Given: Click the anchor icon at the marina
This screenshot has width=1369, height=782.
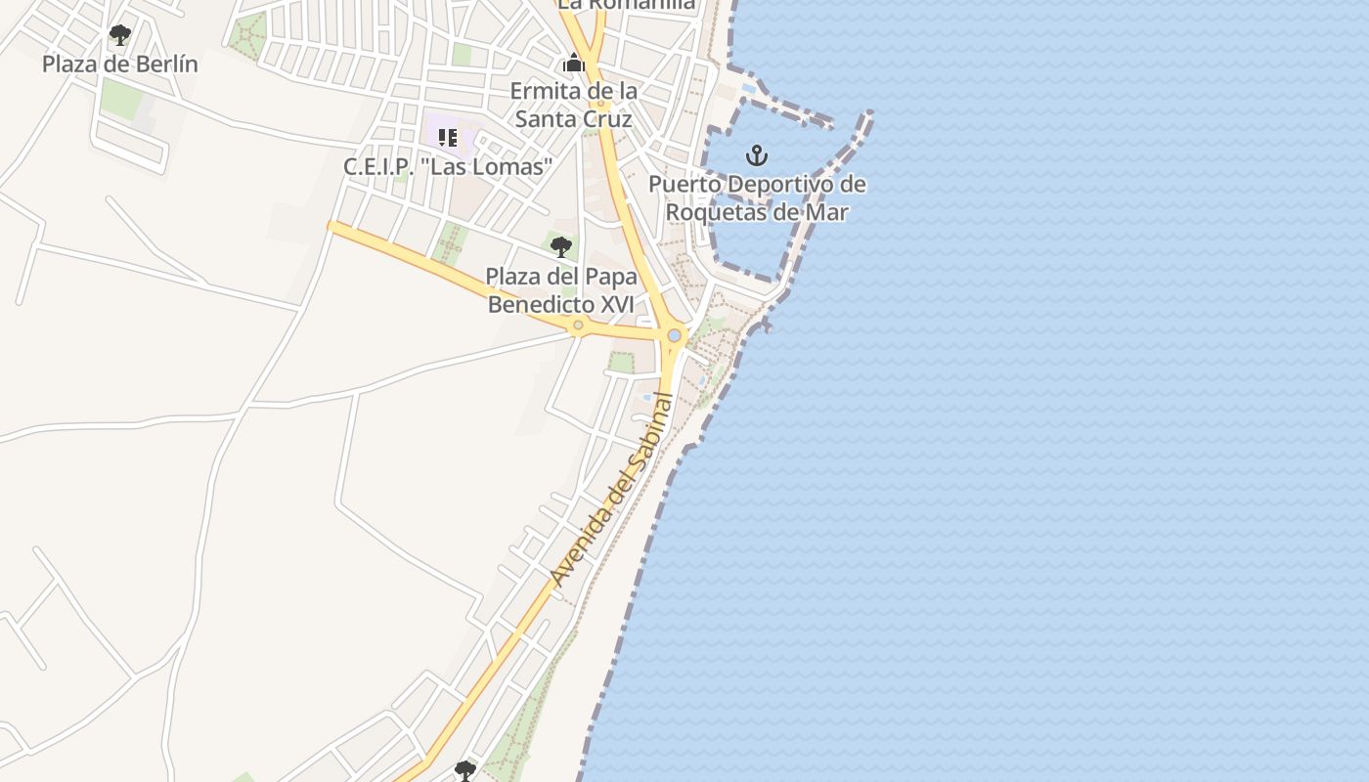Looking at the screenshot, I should point(756,154).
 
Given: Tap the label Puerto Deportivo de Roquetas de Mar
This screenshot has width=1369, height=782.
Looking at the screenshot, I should point(757,197).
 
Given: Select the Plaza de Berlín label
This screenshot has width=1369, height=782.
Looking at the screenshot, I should point(119,65).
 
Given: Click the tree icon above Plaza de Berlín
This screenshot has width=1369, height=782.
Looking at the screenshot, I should point(120,36).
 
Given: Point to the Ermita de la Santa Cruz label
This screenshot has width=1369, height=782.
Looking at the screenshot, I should point(574,105).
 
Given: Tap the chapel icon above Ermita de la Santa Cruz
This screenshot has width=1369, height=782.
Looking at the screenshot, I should point(573,64).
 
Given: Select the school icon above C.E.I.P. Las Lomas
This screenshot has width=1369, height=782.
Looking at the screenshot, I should point(448,137).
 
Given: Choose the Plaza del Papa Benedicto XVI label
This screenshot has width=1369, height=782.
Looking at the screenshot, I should point(561,289).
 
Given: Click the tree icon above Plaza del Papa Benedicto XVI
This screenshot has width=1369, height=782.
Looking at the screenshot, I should point(560,246).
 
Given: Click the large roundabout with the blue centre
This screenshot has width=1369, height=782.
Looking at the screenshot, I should point(674,335).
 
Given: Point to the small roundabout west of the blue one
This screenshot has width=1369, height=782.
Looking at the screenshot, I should point(578,325).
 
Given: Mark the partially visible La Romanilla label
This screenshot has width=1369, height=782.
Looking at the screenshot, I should point(626,5).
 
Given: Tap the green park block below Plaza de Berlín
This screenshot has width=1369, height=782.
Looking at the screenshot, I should point(121,99).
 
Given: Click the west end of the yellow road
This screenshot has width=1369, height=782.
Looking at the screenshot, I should point(333,227).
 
